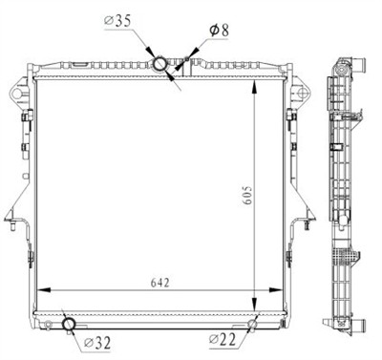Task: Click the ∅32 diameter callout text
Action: [96, 341]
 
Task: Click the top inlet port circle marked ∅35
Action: [161, 64]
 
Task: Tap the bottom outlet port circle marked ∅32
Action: [69, 325]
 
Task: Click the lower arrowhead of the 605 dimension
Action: [253, 302]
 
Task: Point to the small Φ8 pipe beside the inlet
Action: [180, 65]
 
